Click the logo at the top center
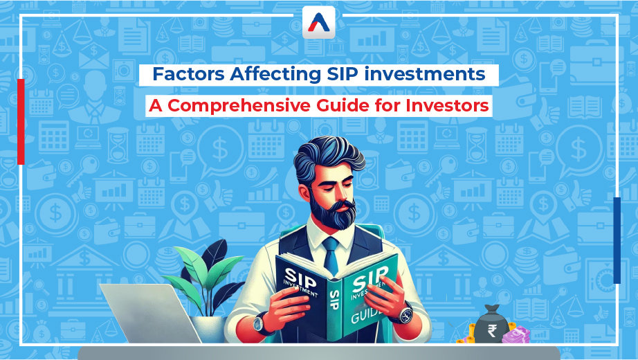coord(318,23)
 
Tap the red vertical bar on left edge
coord(21,121)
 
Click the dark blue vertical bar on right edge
coord(617,240)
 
